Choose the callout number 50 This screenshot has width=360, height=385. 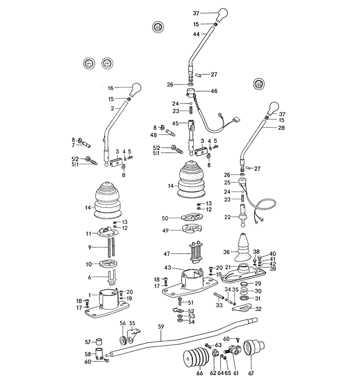pos(165,218)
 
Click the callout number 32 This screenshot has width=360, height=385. pos(258,309)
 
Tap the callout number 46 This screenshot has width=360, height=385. pos(213,91)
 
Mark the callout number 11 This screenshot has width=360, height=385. pos(88,233)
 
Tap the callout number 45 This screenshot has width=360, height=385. pos(175,124)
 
